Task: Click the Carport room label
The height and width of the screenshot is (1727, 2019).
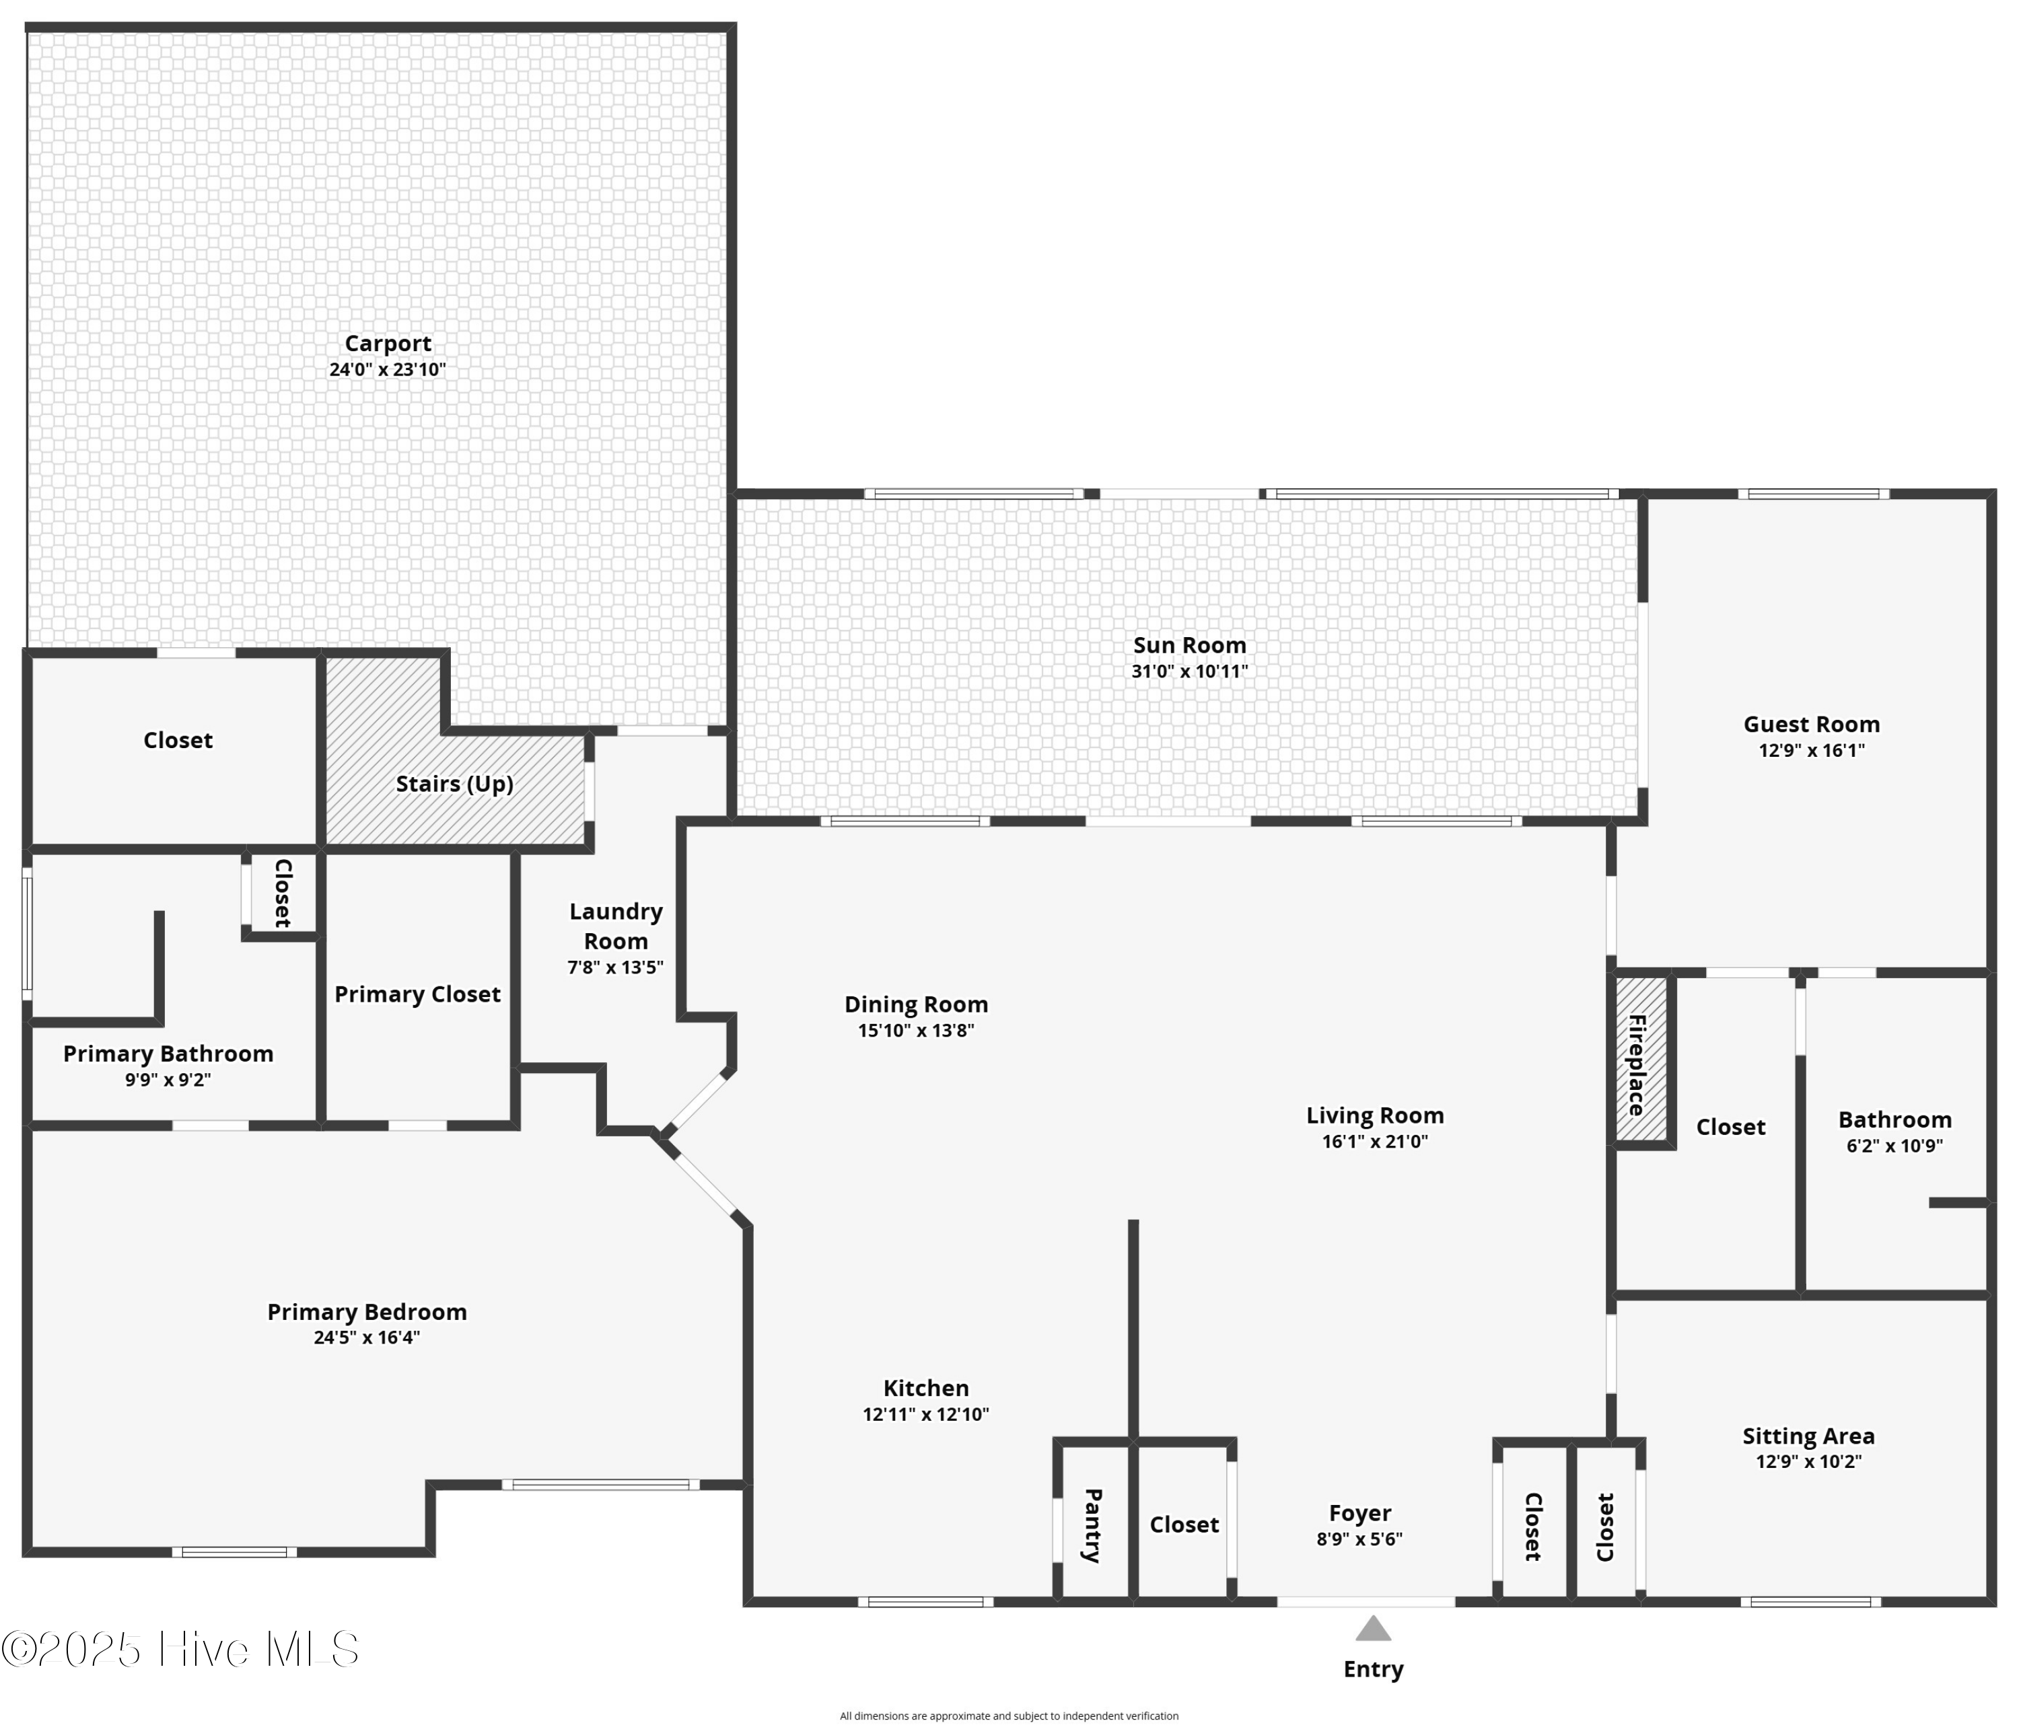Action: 388,343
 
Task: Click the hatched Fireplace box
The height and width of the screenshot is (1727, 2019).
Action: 1640,1064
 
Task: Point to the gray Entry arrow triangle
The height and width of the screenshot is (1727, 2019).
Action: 1372,1629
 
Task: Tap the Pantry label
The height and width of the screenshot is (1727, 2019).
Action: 1094,1524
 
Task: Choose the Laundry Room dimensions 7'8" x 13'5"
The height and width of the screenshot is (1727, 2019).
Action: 615,967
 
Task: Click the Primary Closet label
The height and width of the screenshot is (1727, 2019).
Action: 417,994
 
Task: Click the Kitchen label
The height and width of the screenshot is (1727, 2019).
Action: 925,1388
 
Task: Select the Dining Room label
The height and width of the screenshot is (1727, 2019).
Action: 916,1004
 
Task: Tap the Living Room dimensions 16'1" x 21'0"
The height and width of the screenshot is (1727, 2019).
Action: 1374,1142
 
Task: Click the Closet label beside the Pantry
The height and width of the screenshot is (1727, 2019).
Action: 1183,1524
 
